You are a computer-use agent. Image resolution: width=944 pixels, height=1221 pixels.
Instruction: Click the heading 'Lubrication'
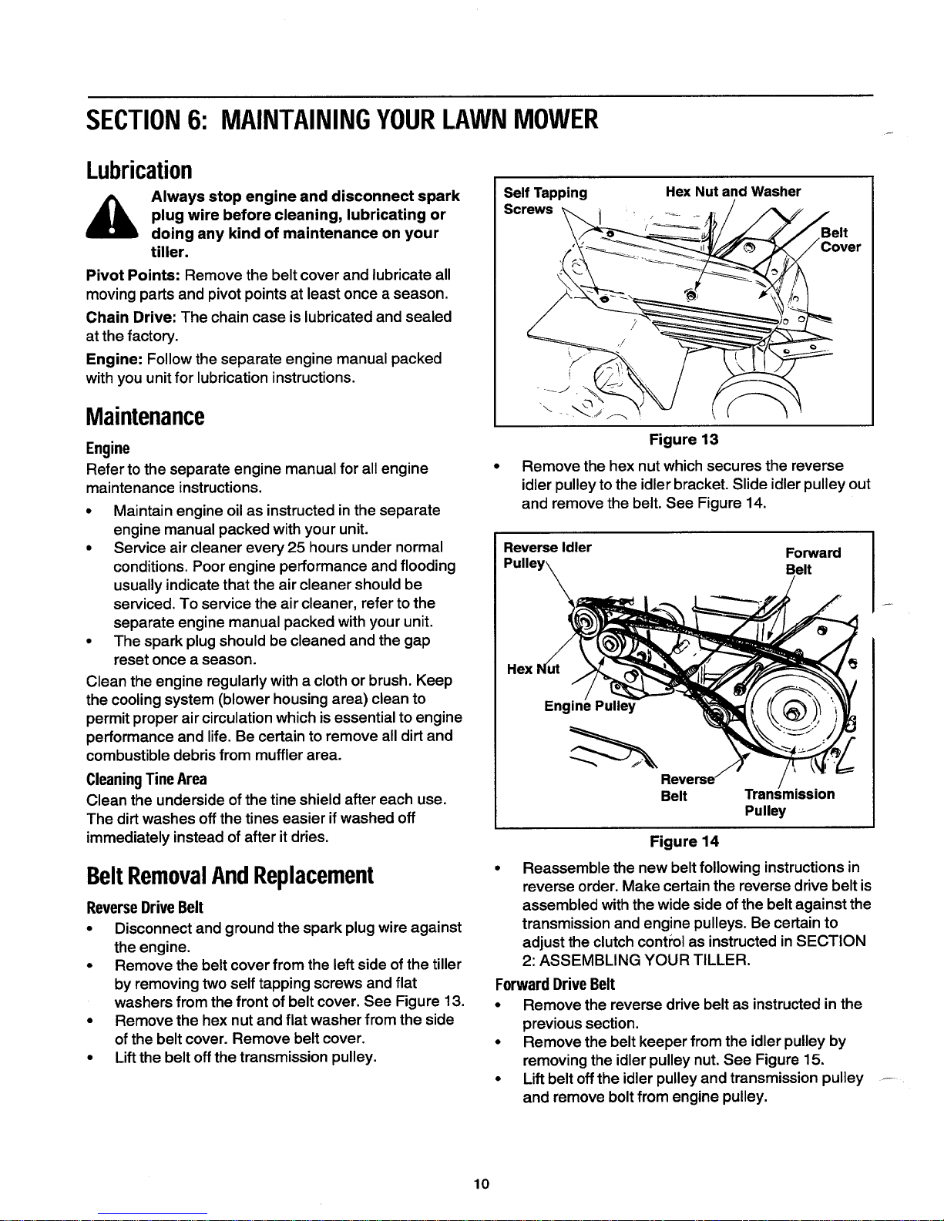[139, 169]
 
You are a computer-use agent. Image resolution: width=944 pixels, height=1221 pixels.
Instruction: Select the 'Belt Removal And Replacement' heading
[230, 875]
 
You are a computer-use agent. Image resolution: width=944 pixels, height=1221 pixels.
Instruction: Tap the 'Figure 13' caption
[684, 439]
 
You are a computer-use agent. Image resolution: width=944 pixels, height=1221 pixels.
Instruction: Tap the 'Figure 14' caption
[684, 842]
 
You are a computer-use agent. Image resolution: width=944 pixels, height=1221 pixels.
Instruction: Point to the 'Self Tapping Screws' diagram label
[545, 200]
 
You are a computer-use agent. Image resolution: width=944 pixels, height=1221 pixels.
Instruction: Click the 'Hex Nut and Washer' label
[733, 192]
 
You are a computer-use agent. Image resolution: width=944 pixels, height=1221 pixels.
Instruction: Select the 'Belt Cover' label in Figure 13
[841, 240]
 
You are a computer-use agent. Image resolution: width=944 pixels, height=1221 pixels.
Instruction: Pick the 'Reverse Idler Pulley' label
[547, 555]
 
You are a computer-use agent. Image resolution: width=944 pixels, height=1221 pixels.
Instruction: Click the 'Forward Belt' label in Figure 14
[813, 561]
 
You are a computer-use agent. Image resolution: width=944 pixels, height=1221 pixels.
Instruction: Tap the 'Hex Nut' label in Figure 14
[532, 669]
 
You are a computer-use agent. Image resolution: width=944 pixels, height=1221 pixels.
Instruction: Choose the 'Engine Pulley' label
[590, 706]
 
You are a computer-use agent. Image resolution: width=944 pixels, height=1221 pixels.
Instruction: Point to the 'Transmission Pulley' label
[789, 803]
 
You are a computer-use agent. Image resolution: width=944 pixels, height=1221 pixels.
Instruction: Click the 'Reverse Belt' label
[687, 788]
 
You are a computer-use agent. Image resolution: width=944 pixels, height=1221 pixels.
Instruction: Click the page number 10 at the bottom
[482, 1184]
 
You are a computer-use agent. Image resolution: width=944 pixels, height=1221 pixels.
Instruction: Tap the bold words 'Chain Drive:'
[132, 317]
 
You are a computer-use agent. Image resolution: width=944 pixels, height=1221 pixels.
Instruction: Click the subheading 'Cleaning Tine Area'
[146, 780]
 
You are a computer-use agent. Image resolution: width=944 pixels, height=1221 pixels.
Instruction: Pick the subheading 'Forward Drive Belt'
[555, 984]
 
